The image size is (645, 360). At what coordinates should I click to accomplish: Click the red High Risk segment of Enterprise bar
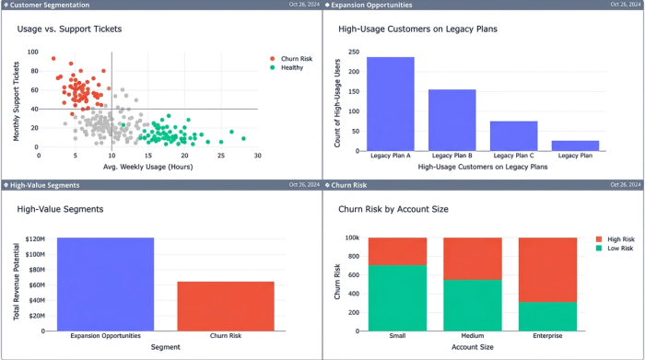pos(547,269)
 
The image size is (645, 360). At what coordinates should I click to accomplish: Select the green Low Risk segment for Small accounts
pos(397,297)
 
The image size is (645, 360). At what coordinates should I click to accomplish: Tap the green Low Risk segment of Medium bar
pos(473,305)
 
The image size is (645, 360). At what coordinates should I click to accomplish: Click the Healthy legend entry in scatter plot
pos(292,67)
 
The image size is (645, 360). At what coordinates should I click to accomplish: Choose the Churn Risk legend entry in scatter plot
pos(296,58)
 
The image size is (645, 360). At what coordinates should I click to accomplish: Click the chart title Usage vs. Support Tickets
pos(69,29)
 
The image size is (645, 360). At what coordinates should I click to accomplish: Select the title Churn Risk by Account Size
pos(393,209)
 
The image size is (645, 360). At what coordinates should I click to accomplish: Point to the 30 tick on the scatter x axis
pos(257,156)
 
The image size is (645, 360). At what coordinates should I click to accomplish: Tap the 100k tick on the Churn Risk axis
pos(352,238)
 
